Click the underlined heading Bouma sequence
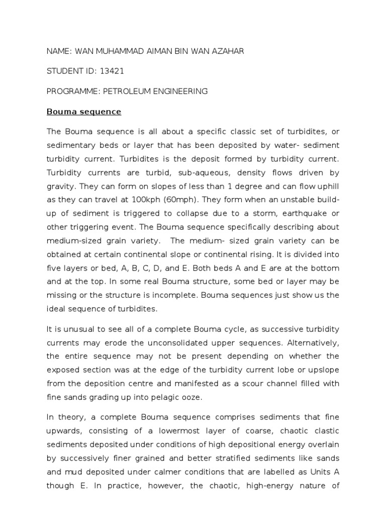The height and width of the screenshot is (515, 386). pyautogui.click(x=84, y=112)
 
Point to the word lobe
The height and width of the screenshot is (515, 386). pyautogui.click(x=297, y=370)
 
